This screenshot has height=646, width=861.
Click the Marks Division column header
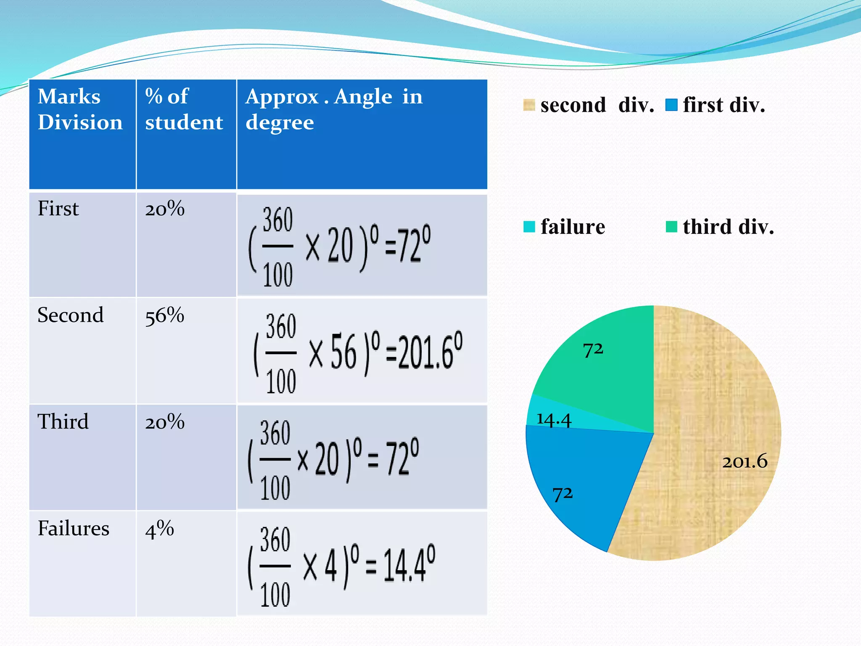[80, 109]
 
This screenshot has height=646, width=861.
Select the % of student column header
[184, 109]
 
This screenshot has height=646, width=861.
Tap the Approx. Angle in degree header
[334, 109]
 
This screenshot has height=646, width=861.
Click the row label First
[58, 209]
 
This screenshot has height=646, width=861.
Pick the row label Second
[70, 315]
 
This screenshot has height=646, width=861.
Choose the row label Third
[63, 421]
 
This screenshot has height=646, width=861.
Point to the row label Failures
[73, 528]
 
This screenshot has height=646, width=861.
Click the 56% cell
[164, 315]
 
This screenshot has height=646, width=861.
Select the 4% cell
[159, 529]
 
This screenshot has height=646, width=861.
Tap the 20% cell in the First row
[164, 209]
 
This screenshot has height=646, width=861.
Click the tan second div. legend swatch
[529, 105]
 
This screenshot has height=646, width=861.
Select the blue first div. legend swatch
[671, 105]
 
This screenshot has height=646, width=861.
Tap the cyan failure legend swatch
[529, 227]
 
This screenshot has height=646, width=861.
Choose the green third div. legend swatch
[671, 227]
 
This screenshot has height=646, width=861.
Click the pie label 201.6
[745, 462]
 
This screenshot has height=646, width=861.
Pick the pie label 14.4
[554, 420]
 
